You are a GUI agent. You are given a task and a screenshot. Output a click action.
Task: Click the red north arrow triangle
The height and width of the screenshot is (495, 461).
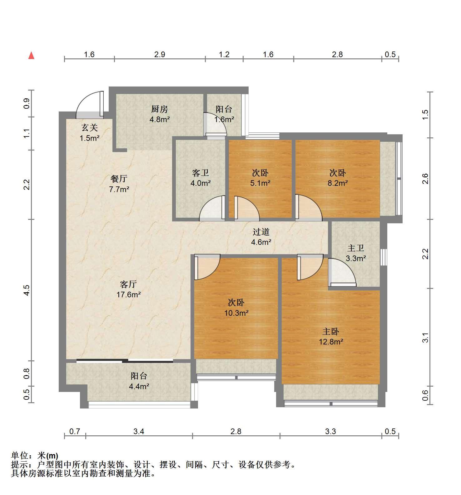click(x=31, y=56)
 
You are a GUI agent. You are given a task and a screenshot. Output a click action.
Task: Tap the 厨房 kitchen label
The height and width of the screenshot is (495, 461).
click(x=160, y=109)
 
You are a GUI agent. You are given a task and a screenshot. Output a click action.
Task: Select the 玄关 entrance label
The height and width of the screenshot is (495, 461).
click(x=90, y=127)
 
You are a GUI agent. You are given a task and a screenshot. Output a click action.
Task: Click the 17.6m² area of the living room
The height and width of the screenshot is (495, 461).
click(x=129, y=295)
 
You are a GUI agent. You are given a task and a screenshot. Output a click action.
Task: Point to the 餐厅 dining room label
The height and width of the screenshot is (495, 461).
click(x=119, y=179)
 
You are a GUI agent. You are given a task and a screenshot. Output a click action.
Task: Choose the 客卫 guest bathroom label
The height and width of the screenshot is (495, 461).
click(x=201, y=173)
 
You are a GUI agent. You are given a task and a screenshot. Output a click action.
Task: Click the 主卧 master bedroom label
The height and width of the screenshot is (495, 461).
click(x=331, y=331)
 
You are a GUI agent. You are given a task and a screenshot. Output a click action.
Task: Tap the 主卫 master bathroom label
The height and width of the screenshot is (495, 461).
click(x=356, y=248)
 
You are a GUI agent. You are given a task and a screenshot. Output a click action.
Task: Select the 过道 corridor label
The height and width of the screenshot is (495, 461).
click(x=261, y=232)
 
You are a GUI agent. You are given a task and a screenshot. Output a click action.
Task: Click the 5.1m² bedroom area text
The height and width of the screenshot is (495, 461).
click(x=260, y=183)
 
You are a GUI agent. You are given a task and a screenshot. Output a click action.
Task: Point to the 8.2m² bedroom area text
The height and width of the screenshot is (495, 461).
click(x=338, y=183)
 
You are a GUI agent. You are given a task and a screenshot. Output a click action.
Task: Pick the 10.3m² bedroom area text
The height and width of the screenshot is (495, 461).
click(x=236, y=313)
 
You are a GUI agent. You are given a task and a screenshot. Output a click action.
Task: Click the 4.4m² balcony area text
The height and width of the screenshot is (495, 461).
click(x=139, y=386)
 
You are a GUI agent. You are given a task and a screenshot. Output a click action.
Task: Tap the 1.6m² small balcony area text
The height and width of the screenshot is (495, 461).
click(x=224, y=119)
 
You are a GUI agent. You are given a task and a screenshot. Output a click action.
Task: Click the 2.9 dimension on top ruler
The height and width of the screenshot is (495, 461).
click(x=160, y=54)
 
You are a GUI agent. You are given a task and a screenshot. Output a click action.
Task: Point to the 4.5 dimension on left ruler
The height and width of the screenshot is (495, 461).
click(x=27, y=290)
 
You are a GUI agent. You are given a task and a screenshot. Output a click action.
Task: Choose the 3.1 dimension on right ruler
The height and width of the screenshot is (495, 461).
click(x=425, y=338)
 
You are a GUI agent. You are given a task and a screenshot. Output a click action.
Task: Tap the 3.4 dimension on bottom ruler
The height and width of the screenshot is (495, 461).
click(x=139, y=431)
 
